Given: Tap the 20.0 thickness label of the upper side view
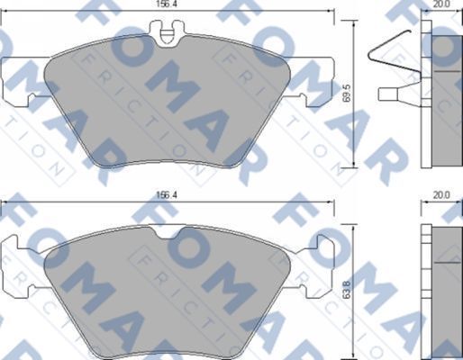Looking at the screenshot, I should [441, 4].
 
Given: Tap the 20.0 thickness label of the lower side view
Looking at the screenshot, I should [441, 193].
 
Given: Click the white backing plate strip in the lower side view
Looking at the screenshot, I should [428, 288].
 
